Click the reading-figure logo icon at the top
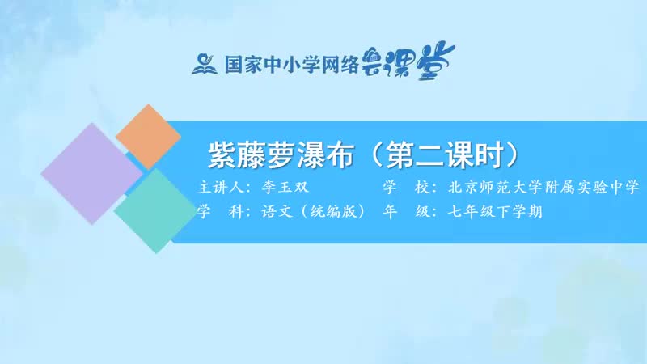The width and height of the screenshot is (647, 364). tap(205, 65)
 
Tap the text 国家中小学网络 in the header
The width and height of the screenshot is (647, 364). tap(291, 65)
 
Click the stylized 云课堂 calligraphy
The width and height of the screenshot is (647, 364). tap(408, 61)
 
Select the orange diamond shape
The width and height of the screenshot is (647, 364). tap(148, 137)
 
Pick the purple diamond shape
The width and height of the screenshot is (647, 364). tap(92, 173)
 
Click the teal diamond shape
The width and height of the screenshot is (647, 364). tap(155, 211)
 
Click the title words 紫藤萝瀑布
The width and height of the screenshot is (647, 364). tap(281, 155)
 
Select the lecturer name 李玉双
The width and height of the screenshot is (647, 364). tap(285, 187)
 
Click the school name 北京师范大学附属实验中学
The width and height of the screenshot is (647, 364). tap(543, 187)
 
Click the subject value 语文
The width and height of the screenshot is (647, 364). tap(277, 211)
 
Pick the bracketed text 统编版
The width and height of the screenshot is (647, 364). tap(334, 211)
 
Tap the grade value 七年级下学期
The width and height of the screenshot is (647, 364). tap(495, 211)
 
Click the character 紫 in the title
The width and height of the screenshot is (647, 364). tap(222, 155)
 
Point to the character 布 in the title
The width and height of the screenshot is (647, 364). tap(340, 155)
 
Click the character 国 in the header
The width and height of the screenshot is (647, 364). tap(233, 65)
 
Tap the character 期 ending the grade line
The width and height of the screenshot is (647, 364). tap(535, 211)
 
